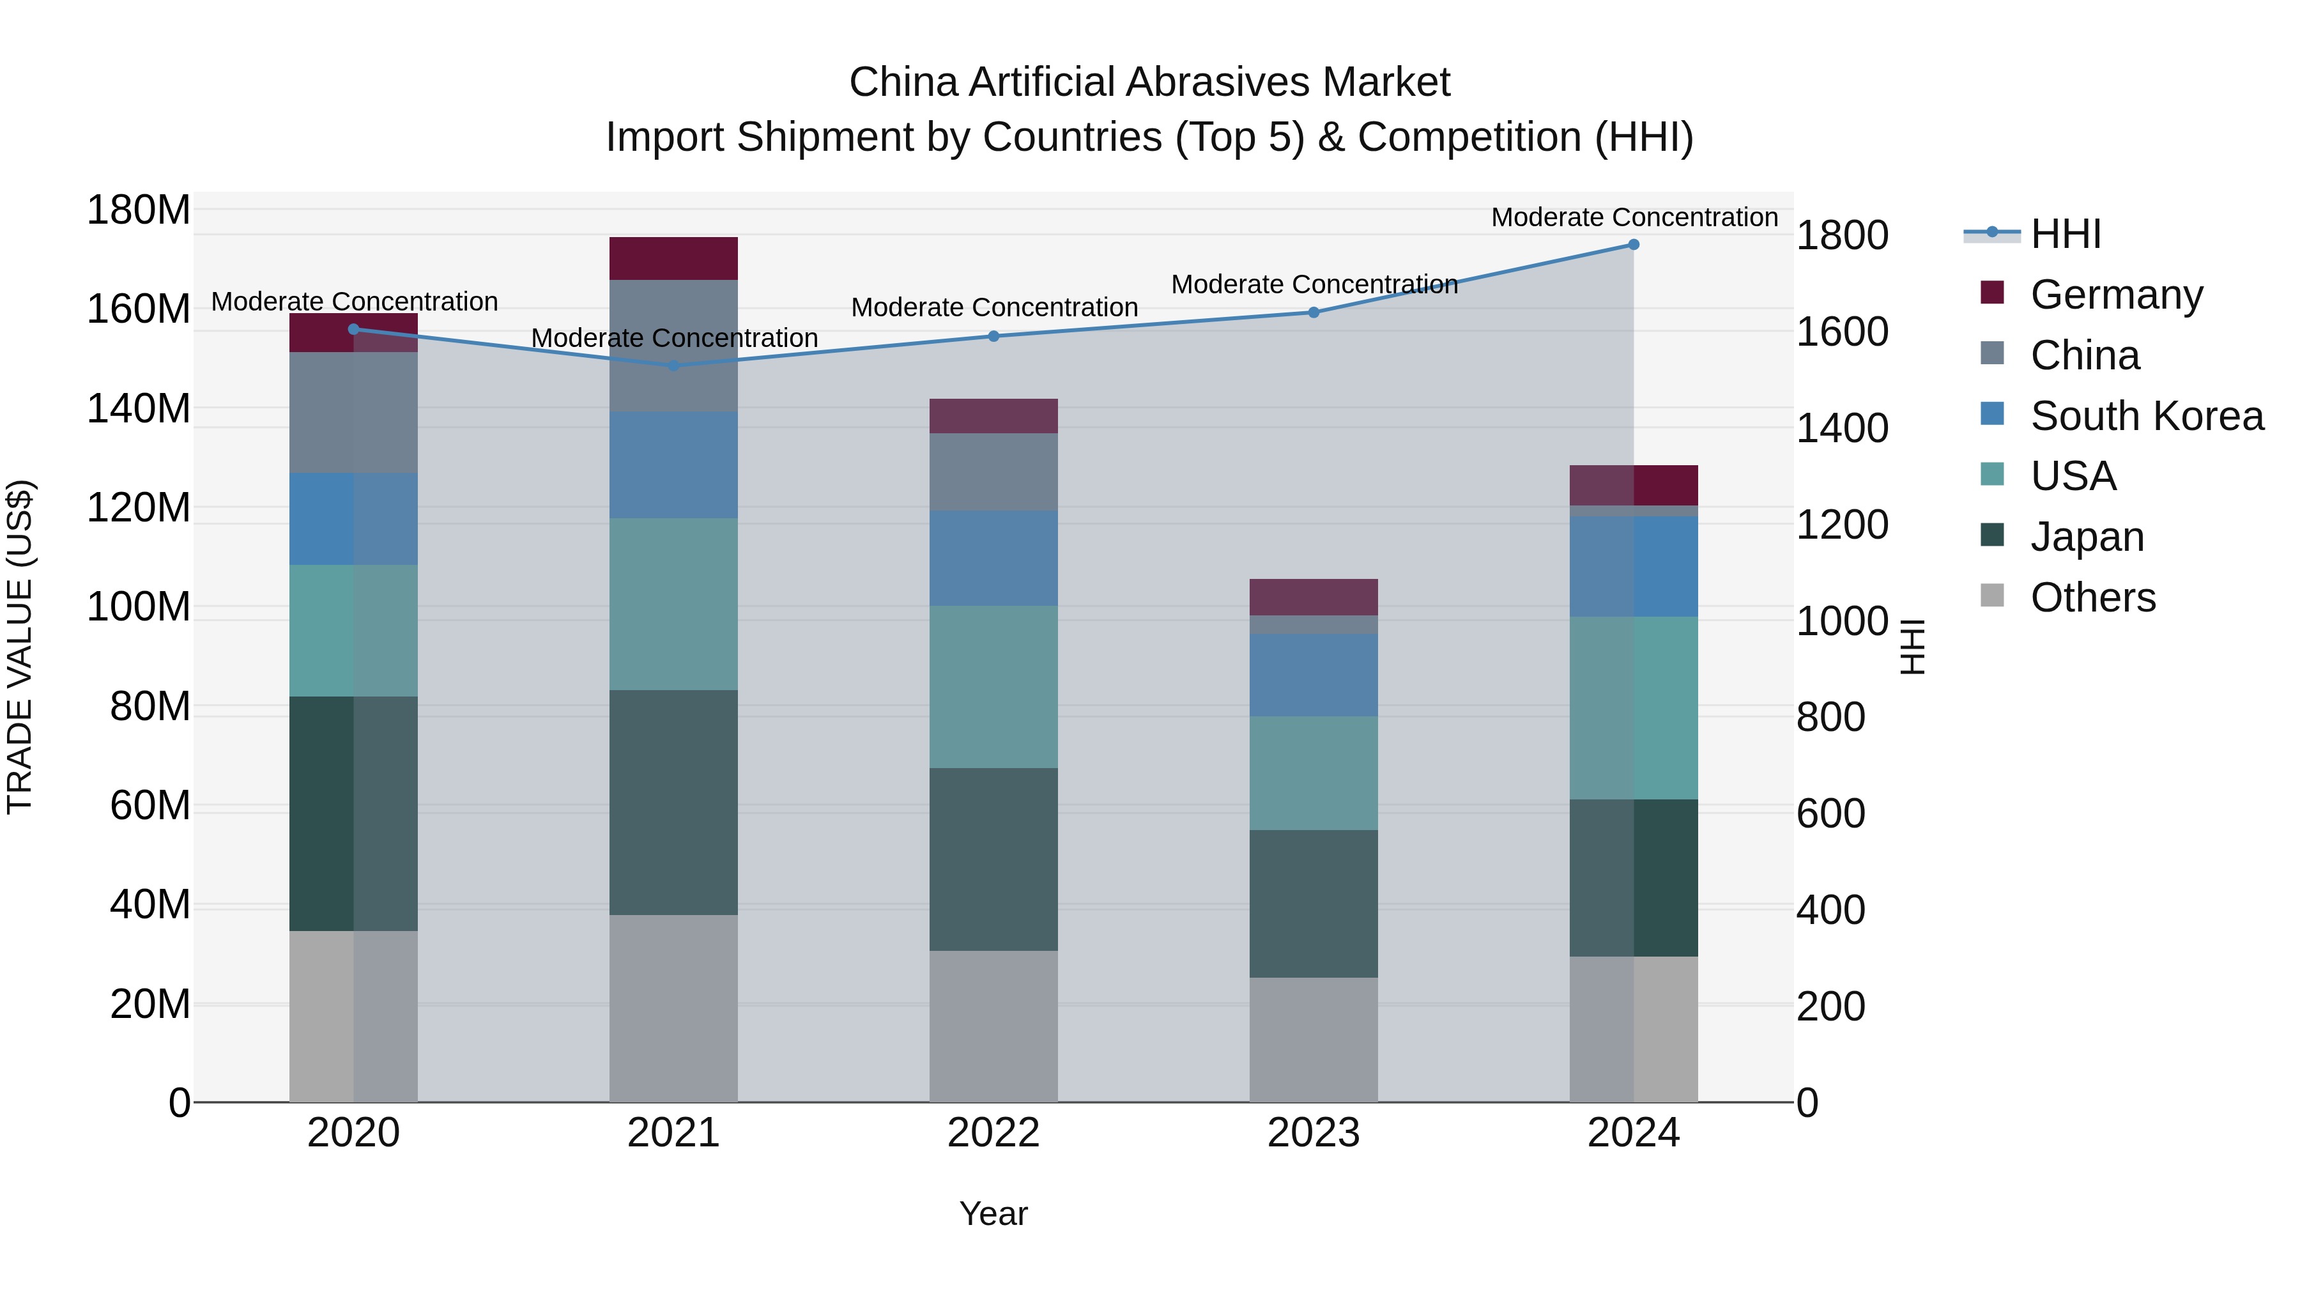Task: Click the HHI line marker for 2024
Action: [x=1633, y=245]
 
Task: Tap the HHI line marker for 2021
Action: [x=673, y=366]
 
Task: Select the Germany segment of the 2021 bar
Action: [x=673, y=258]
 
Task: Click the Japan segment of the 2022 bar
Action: [x=993, y=858]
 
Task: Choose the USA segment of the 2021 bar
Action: [x=673, y=604]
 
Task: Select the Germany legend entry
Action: [x=2115, y=295]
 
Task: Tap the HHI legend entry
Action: [x=2064, y=234]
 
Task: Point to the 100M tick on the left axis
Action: [x=139, y=607]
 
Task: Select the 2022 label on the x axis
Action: [x=993, y=1133]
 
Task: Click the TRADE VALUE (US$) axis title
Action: [x=20, y=647]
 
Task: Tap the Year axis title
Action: [x=993, y=1213]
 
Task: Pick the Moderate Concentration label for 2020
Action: [x=355, y=302]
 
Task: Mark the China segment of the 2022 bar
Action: [x=993, y=472]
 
